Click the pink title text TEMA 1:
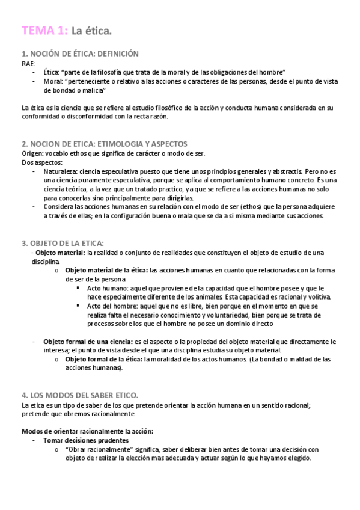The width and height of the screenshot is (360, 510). pyautogui.click(x=44, y=31)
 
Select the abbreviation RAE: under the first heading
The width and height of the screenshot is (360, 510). pyautogui.click(x=28, y=63)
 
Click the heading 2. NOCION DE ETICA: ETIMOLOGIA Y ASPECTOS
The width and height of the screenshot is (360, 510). pyautogui.click(x=104, y=144)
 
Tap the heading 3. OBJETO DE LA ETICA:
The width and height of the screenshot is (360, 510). pyautogui.click(x=63, y=243)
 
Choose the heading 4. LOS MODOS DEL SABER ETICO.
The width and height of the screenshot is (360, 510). pyautogui.click(x=80, y=395)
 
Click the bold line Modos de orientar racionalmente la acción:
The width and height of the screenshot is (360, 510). pyautogui.click(x=87, y=431)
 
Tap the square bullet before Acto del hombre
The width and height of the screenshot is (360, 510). pyautogui.click(x=79, y=306)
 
